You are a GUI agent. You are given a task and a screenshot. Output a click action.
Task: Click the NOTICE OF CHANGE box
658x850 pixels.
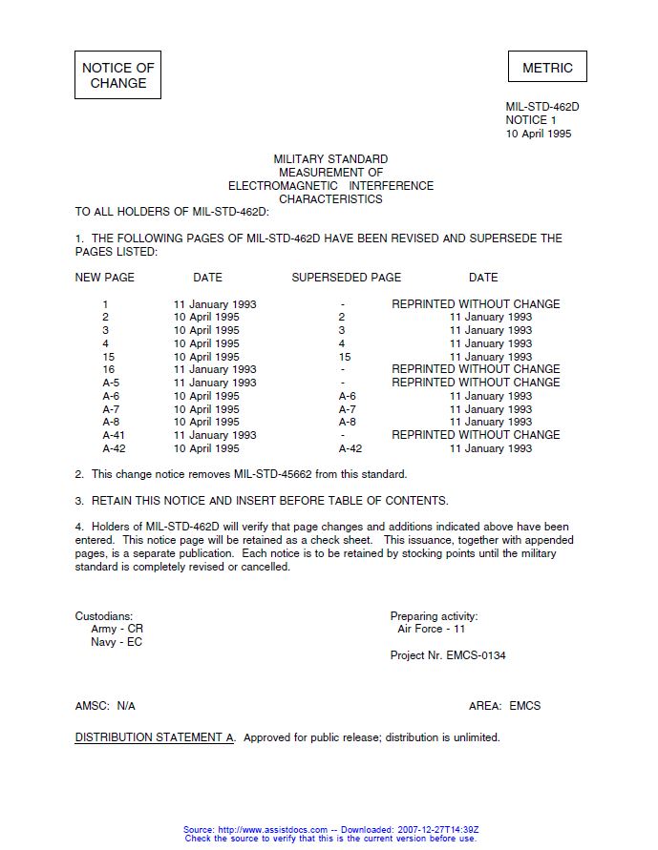[x=117, y=75]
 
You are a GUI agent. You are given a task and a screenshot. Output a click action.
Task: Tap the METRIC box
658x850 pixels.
[x=547, y=68]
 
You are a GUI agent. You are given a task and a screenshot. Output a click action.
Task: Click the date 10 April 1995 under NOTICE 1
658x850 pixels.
[x=539, y=135]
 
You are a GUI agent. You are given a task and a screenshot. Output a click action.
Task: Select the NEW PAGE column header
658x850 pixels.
[x=105, y=278]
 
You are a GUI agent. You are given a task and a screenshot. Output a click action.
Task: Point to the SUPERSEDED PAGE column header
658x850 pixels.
[x=346, y=278]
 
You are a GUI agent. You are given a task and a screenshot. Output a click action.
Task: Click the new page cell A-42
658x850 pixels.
[x=114, y=448]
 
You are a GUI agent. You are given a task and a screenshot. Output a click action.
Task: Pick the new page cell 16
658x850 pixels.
[x=108, y=369]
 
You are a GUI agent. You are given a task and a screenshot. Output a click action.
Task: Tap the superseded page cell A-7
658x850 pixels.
[x=347, y=409]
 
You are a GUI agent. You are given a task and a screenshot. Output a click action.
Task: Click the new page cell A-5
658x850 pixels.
[x=111, y=383]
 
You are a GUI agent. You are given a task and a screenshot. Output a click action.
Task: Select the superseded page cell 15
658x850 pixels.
[x=345, y=357]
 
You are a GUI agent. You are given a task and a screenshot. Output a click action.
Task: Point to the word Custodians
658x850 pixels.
[x=104, y=616]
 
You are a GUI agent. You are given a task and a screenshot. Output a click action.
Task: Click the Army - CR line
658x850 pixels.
[x=117, y=630]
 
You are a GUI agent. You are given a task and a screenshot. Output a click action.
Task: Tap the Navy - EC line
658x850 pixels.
[x=117, y=643]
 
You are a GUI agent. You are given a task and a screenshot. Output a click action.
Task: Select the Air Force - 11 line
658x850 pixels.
[x=432, y=630]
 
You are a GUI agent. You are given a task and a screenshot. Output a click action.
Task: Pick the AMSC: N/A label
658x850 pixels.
[x=105, y=706]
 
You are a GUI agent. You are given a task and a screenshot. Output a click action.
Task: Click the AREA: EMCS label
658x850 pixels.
[x=504, y=706]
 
